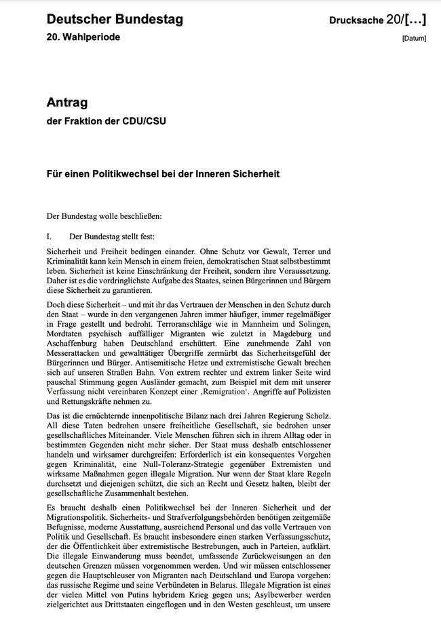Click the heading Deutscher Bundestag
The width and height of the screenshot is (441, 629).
pos(115,20)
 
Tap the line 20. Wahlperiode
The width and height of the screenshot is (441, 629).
pos(83,37)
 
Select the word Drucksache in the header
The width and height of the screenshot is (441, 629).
pos(356,20)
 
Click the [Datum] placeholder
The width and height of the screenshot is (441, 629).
pos(414,39)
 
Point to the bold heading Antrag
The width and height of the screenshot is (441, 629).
pos(66,103)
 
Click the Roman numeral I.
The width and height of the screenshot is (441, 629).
pos(50,237)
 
